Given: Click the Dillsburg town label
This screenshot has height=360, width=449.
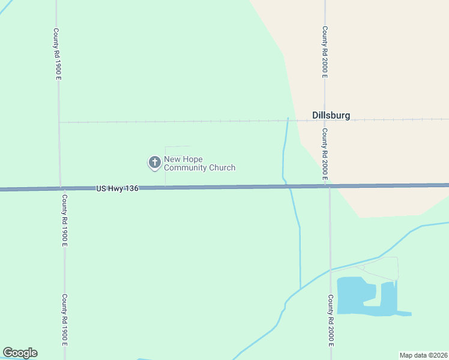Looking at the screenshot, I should point(331,115).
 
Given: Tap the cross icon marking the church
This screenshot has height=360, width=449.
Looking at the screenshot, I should point(154,162).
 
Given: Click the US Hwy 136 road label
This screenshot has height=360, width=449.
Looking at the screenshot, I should point(117,188).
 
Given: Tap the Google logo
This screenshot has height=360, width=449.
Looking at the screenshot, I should point(20,353).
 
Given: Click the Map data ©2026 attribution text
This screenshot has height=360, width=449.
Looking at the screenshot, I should point(423,355).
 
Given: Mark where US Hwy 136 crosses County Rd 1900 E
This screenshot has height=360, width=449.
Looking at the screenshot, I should point(61,188).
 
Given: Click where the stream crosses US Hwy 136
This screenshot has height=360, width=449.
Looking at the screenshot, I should point(289,187).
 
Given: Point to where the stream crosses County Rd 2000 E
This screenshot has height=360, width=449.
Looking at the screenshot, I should point(330,271).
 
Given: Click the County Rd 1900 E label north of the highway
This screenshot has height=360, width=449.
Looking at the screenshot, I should point(57,54).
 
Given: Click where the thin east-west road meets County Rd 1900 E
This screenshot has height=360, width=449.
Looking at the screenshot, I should point(59,122).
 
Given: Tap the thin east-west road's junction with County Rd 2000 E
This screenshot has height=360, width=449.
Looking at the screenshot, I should point(325,120).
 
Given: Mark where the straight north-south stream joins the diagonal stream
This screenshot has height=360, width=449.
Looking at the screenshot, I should point(300,289).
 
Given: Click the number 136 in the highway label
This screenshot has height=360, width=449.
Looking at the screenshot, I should point(132,188).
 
